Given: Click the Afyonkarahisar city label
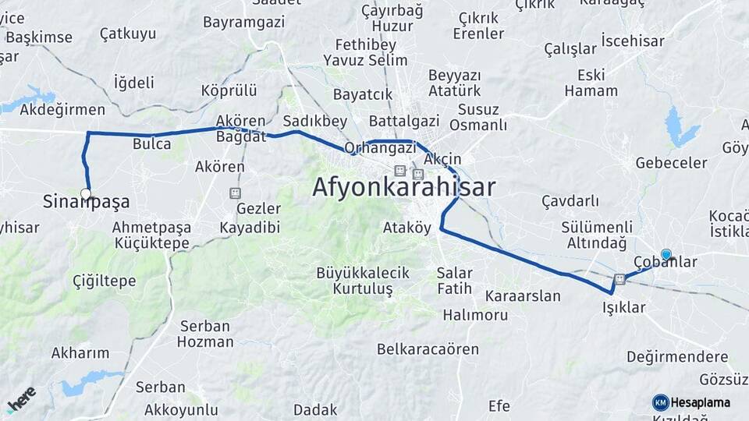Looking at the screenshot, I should point(403,187).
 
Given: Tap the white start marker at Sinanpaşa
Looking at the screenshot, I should point(85,193).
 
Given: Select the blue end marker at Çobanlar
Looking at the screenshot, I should point(666,254).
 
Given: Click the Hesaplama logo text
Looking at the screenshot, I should point(700,403).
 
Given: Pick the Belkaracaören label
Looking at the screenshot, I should point(428,348).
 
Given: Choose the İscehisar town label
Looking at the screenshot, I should point(632,40).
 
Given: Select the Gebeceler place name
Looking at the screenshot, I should point(671,163).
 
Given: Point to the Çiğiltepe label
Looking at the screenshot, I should point(104,281).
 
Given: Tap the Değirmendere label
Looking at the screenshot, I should point(677,356).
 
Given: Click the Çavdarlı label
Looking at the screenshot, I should point(570,201).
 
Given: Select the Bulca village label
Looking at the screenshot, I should point(151,143).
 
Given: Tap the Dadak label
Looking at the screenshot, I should point(315,409).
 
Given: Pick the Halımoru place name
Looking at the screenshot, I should point(475,315).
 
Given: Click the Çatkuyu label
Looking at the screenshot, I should point(128,34).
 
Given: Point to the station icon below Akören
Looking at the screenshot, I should point(235,193).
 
